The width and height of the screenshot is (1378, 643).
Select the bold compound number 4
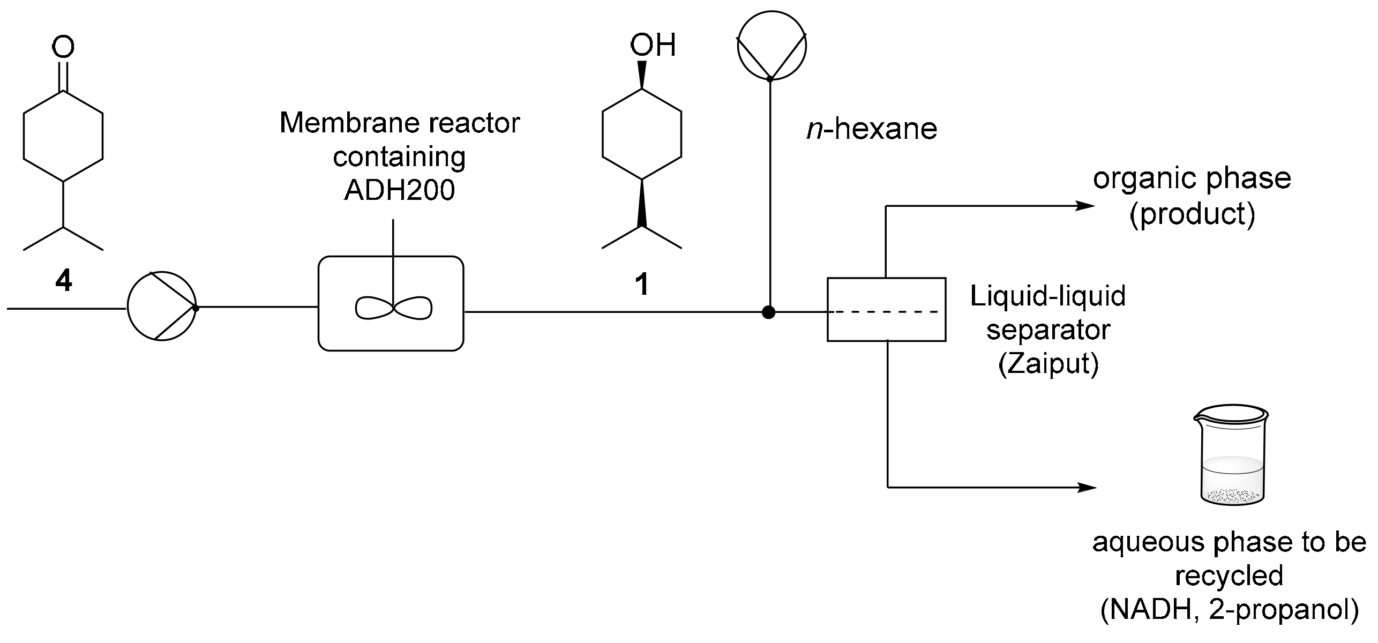[x=64, y=281]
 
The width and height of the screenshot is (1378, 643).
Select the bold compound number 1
[x=642, y=284]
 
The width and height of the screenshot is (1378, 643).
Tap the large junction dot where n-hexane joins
[x=769, y=312]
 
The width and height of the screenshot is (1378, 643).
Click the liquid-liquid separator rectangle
[x=886, y=309]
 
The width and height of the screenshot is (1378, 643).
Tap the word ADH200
[x=399, y=190]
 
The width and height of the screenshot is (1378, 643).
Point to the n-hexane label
[x=872, y=129]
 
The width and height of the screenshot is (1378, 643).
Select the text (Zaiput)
[x=1048, y=364]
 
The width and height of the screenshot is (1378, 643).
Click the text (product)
[x=1192, y=214]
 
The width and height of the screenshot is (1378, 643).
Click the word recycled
[x=1230, y=577]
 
